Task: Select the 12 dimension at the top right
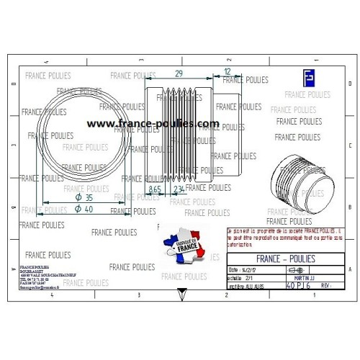tap(228, 71)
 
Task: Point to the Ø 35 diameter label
tap(84, 196)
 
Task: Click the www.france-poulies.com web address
tap(153, 124)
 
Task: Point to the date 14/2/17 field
tap(244, 269)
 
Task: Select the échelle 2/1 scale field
tap(240, 277)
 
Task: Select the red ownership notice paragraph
tap(284, 237)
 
